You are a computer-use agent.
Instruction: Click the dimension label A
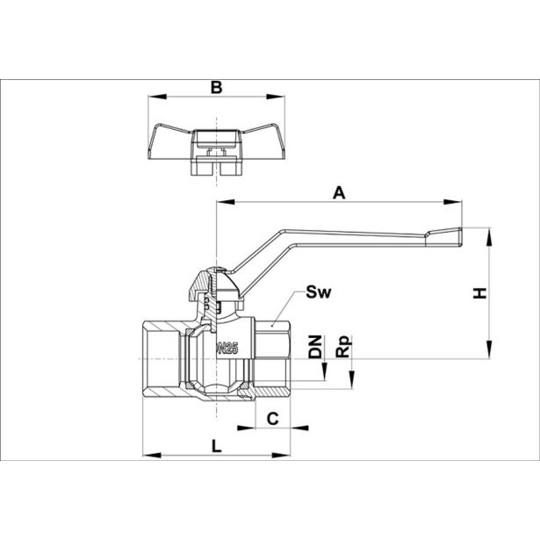(338, 191)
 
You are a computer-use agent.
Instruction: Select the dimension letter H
(479, 293)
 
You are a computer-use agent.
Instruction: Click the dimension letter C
(273, 419)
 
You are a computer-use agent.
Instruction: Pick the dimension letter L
(215, 445)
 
